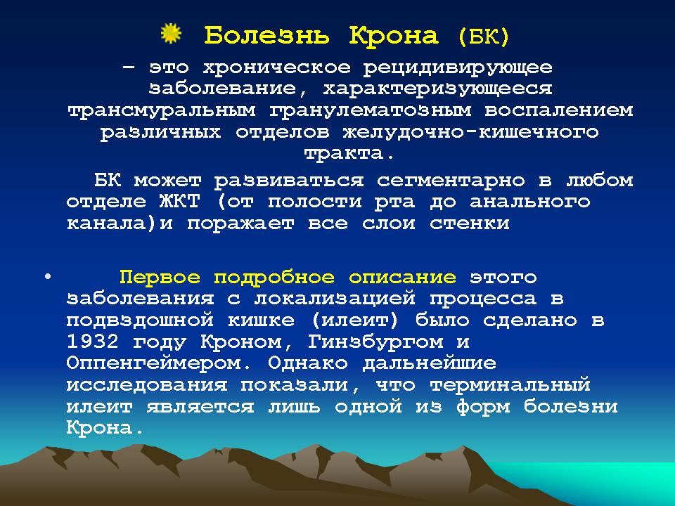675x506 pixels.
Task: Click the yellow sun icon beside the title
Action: pyautogui.click(x=171, y=34)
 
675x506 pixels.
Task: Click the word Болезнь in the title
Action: pyautogui.click(x=267, y=35)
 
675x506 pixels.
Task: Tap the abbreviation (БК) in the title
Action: pyautogui.click(x=484, y=36)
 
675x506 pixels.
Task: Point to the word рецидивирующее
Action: pyautogui.click(x=458, y=68)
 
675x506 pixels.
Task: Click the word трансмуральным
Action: pyautogui.click(x=162, y=110)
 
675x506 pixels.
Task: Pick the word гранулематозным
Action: pyautogui.click(x=371, y=110)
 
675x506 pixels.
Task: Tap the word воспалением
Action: pyautogui.click(x=559, y=110)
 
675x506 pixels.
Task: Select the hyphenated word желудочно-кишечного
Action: pyautogui.click(x=470, y=132)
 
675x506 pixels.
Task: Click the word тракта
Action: pyautogui.click(x=348, y=154)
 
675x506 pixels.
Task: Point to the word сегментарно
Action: pyautogui.click(x=451, y=181)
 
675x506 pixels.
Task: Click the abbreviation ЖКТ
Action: pyautogui.click(x=179, y=202)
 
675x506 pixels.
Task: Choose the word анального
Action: pyautogui.click(x=529, y=202)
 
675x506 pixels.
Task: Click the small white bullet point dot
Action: pyautogui.click(x=47, y=277)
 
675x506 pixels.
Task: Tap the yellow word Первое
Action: pyautogui.click(x=160, y=277)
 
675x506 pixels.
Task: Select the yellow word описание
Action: pyautogui.click(x=402, y=277)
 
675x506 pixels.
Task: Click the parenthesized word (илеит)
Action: pyautogui.click(x=354, y=320)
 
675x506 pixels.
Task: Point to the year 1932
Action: pyautogui.click(x=92, y=342)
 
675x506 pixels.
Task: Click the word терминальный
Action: pyautogui.click(x=510, y=385)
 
